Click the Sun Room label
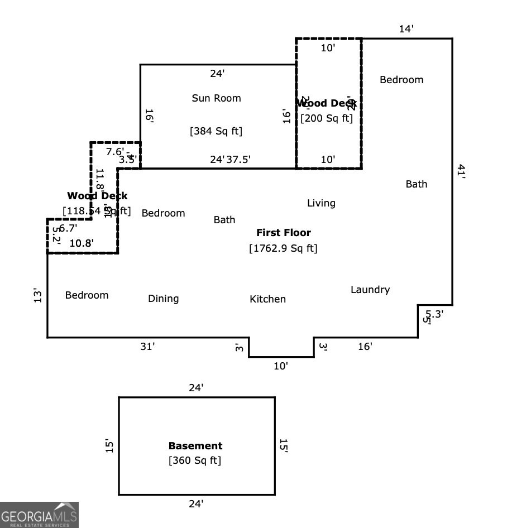(216, 98)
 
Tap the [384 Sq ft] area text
(216, 131)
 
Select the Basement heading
(195, 446)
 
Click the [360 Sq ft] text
(195, 460)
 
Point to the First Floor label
(284, 233)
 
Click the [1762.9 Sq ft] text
(283, 248)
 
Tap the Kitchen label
(267, 299)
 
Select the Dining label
(164, 299)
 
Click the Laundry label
(370, 290)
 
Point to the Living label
(321, 203)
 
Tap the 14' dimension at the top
(406, 29)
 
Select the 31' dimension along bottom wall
(147, 347)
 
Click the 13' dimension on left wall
(37, 295)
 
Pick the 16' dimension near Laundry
(365, 347)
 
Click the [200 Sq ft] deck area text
(327, 118)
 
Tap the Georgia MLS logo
(39, 515)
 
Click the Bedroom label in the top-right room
(401, 80)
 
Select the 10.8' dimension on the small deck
(81, 243)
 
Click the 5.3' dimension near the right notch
(434, 314)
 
